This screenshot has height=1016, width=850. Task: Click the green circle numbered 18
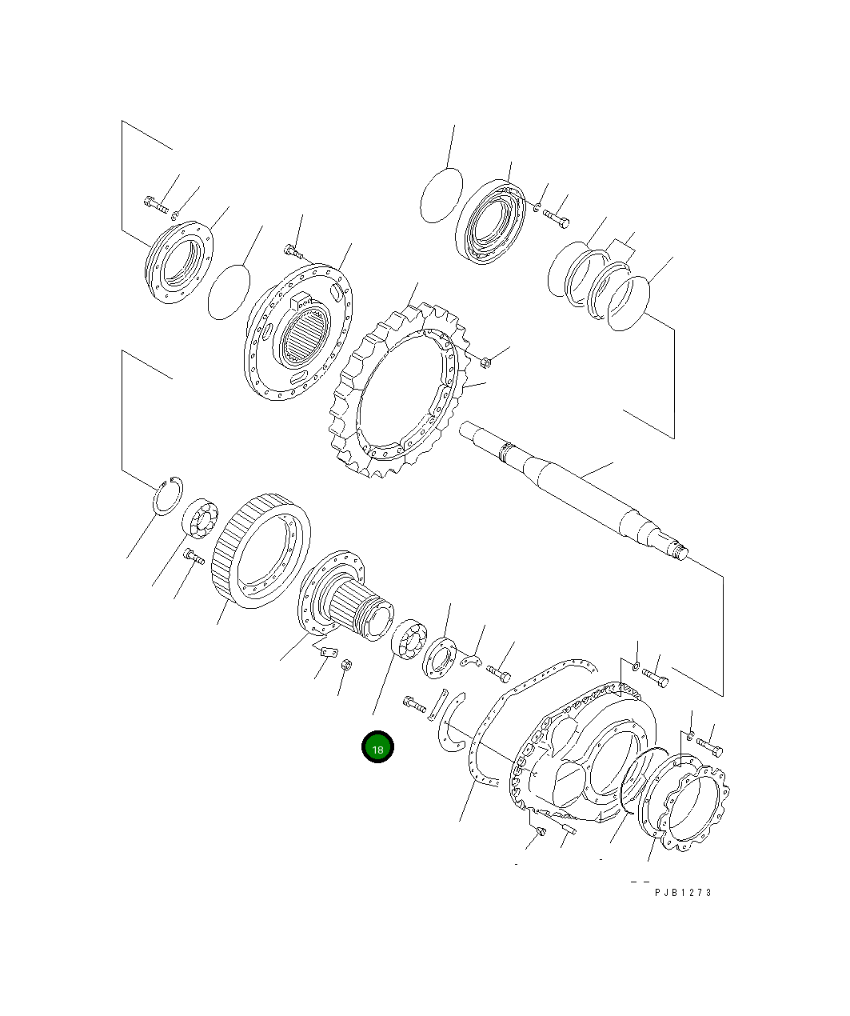coord(377,747)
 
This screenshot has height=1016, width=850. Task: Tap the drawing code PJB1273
coord(682,892)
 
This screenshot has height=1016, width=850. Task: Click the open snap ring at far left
coord(167,496)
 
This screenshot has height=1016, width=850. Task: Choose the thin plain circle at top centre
coord(441,194)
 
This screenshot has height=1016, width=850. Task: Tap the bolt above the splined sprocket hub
coord(293,251)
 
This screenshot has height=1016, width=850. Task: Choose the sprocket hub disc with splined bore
coord(297,336)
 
